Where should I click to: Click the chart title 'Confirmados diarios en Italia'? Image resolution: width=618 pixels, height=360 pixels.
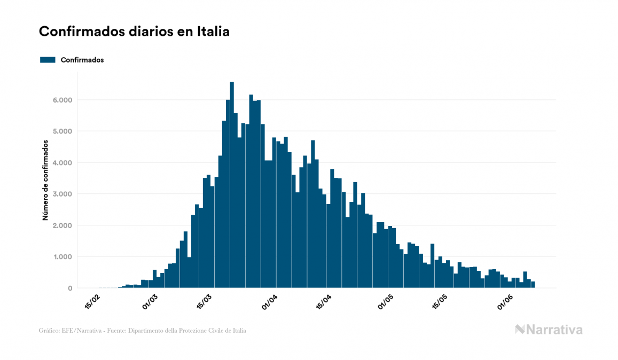(x=134, y=32)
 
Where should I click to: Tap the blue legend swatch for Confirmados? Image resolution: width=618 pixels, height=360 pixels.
(x=48, y=60)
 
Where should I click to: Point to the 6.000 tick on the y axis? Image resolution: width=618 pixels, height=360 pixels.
(x=61, y=100)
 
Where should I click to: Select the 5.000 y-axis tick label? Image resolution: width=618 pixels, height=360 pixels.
(x=61, y=131)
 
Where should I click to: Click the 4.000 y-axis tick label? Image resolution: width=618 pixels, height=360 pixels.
(x=61, y=163)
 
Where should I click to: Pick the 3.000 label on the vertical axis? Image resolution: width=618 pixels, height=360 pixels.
(x=61, y=194)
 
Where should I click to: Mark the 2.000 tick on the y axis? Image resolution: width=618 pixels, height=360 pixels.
(x=61, y=225)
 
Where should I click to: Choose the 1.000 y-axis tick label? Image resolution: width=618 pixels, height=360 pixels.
(x=61, y=257)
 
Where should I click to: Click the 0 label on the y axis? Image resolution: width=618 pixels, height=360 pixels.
(x=69, y=288)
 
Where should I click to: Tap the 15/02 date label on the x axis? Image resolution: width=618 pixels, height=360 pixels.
(x=92, y=302)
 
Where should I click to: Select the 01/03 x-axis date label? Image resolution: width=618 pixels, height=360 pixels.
(x=151, y=302)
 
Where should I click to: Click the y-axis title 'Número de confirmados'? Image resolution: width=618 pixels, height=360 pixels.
(x=46, y=180)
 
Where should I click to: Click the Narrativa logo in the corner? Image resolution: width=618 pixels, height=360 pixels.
(x=549, y=330)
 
